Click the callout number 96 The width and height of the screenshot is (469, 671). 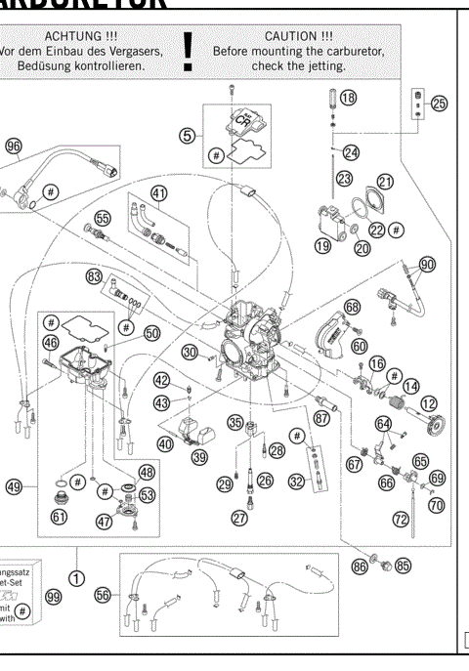tap(13, 147)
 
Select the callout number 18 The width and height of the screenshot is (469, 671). tap(348, 98)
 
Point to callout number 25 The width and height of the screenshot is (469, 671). tap(438, 103)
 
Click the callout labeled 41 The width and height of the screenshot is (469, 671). tap(159, 192)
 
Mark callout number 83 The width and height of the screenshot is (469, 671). tap(94, 276)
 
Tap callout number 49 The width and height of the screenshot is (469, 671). tap(14, 485)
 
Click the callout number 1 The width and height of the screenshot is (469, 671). tap(78, 560)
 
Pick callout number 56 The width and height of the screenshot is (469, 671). tap(101, 595)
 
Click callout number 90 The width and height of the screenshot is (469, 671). tap(427, 265)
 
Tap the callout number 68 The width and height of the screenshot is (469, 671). tap(352, 307)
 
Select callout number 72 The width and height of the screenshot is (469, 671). tap(401, 520)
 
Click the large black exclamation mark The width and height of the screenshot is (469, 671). tap(188, 52)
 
